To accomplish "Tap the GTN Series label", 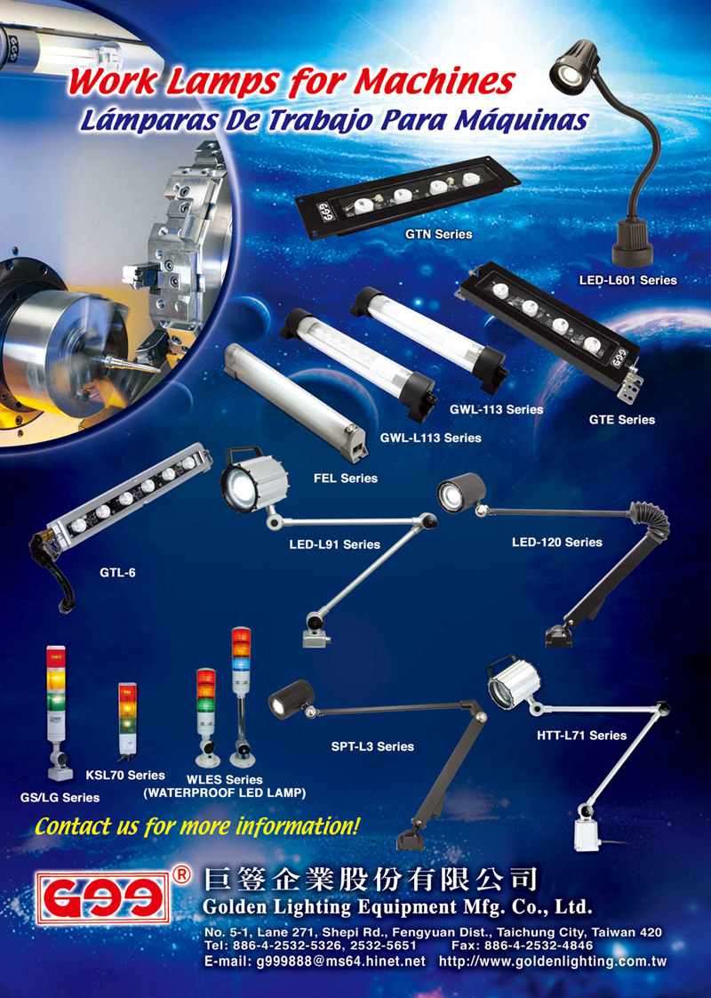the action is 439,234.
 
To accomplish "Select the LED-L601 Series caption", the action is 627,280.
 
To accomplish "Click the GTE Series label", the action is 621,420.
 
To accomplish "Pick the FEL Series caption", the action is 346,478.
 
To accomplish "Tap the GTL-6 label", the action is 117,572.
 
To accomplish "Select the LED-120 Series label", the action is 557,543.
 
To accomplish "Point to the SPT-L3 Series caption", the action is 372,746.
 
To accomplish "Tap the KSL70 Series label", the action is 125,776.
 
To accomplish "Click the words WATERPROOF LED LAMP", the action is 225,793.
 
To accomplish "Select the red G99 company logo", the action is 102,898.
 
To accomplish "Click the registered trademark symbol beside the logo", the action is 180,874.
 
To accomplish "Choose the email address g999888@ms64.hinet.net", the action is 315,961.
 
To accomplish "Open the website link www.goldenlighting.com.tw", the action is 553,961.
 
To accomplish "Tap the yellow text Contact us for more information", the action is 197,827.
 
